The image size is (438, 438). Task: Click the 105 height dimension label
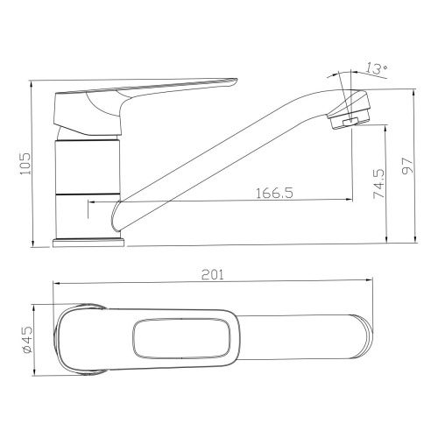25,164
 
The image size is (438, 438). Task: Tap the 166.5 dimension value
274,193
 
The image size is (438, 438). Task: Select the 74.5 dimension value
379,184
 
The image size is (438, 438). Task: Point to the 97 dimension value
408,166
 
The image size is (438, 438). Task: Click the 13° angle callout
377,68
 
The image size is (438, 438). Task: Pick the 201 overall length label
213,275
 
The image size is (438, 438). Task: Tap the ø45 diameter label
28,340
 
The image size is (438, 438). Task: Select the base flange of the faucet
88,244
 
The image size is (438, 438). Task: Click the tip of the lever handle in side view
235,81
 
